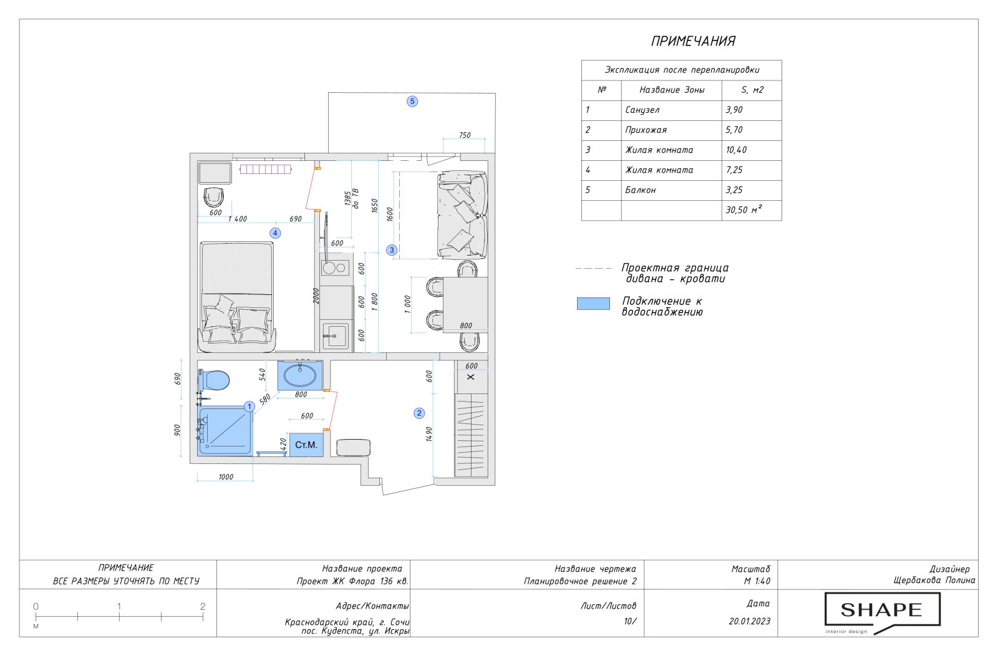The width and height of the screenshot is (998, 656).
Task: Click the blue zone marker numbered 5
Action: pyautogui.click(x=412, y=102)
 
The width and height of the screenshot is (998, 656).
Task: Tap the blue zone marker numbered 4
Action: pyautogui.click(x=275, y=233)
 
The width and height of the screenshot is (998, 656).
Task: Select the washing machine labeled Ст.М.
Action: pyautogui.click(x=306, y=445)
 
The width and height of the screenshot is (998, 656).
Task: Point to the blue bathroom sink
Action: pyautogui.click(x=300, y=375)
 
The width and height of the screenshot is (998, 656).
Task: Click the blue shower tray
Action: pyautogui.click(x=225, y=431)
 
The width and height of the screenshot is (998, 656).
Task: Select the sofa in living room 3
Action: pyautogui.click(x=462, y=215)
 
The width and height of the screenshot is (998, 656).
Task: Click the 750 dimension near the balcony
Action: pyautogui.click(x=465, y=135)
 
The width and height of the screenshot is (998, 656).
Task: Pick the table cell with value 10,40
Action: pyautogui.click(x=752, y=150)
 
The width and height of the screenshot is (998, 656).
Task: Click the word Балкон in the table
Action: pyautogui.click(x=640, y=190)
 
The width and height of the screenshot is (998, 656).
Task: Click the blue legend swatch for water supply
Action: pyautogui.click(x=593, y=304)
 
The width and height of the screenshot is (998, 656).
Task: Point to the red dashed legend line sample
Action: pyautogui.click(x=593, y=269)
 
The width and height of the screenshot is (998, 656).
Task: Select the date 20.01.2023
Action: pyautogui.click(x=749, y=621)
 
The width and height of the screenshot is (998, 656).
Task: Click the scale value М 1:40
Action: pyautogui.click(x=757, y=581)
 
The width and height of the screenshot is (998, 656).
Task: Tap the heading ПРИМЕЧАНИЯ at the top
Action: pyautogui.click(x=693, y=41)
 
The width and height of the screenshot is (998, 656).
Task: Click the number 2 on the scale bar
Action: pyautogui.click(x=203, y=606)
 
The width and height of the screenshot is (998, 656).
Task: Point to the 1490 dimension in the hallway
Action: pyautogui.click(x=429, y=434)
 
